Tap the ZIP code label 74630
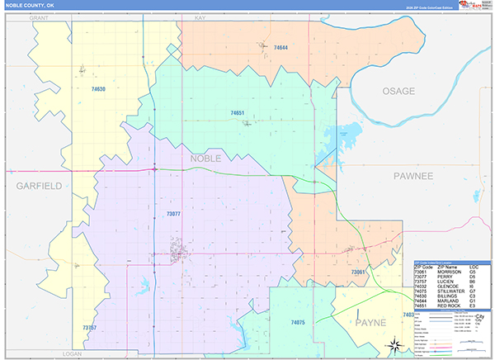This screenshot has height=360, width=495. (98, 88)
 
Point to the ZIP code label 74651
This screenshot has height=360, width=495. (238, 112)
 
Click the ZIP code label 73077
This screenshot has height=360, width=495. (173, 214)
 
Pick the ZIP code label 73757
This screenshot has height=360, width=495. (90, 328)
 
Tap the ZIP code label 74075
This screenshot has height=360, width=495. (298, 322)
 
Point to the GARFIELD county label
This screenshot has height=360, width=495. (39, 187)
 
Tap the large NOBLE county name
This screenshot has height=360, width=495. (206, 157)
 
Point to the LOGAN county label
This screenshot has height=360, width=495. (75, 353)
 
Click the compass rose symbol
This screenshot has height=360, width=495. (394, 345)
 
